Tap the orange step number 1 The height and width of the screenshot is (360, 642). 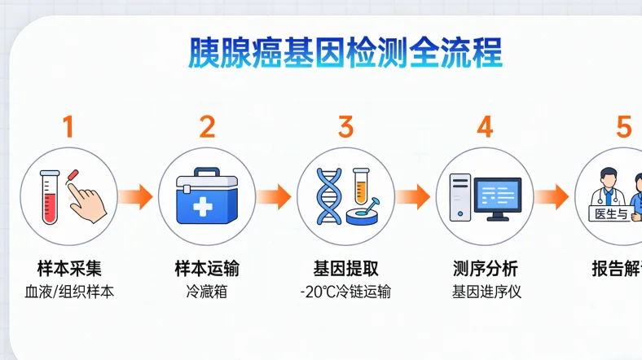click(x=68, y=127)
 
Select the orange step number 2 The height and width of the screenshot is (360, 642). click(x=207, y=127)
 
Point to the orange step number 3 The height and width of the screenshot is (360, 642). click(x=346, y=127)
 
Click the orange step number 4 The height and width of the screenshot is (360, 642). click(x=485, y=127)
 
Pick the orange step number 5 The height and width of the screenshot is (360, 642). click(x=623, y=127)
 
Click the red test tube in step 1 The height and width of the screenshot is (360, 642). click(x=50, y=196)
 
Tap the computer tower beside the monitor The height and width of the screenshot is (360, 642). click(x=460, y=196)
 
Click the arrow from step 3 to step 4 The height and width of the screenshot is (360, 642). click(x=413, y=196)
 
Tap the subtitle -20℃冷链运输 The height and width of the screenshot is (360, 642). click(x=346, y=292)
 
